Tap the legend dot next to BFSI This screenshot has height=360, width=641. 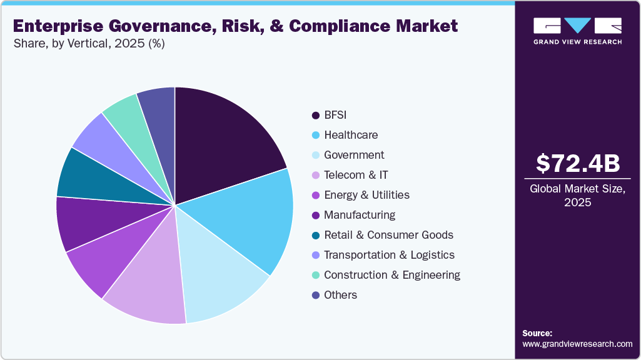(316, 116)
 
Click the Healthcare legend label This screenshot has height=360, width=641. (350, 135)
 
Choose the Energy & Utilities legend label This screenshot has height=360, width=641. (366, 195)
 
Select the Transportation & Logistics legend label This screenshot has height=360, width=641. (389, 255)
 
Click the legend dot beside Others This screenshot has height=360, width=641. (316, 295)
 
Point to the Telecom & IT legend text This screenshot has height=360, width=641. (356, 175)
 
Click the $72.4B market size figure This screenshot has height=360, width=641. (578, 163)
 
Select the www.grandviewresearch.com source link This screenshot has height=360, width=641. (577, 344)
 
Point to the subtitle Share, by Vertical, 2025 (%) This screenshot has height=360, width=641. (89, 44)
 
